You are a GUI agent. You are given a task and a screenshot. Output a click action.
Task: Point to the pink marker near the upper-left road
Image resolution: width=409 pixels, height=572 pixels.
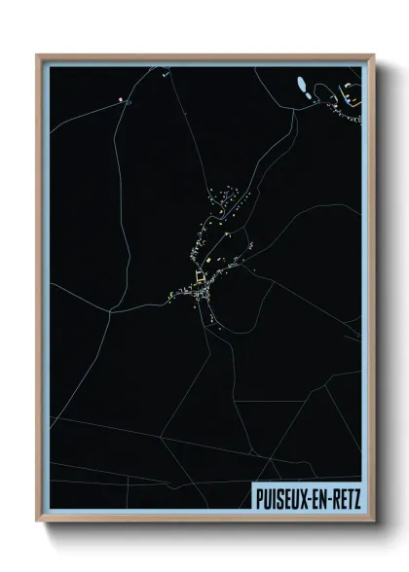click(x=121, y=99)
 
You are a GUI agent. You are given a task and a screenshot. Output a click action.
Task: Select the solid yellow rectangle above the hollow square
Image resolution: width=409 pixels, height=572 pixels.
click(x=206, y=261)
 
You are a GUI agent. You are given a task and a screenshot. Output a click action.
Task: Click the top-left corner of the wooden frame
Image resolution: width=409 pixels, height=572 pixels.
click(x=38, y=55)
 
